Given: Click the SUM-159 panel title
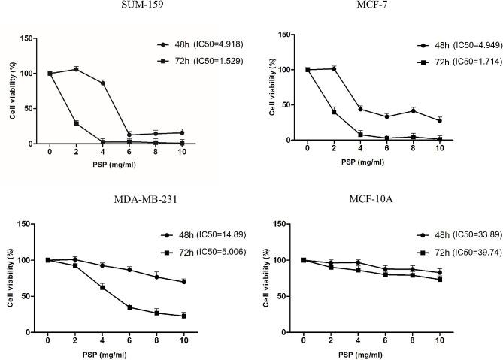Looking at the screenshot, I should (x=108, y=6).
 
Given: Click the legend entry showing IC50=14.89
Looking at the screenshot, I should (x=199, y=234).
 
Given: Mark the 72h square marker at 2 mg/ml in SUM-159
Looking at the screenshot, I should (x=76, y=123).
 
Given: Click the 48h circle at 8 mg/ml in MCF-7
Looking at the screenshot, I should (x=413, y=110).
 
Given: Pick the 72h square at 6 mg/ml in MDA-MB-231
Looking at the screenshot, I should (x=129, y=307).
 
